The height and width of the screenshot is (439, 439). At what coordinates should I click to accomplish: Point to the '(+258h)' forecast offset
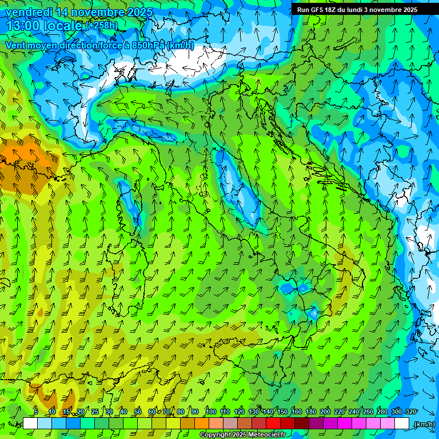[102, 26]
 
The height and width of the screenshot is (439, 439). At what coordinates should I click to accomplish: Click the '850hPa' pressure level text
[144, 45]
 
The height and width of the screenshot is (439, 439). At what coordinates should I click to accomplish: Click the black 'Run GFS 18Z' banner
[357, 10]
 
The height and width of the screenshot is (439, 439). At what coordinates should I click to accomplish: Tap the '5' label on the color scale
[36, 412]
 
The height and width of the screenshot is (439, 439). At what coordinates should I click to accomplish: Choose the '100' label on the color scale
[210, 412]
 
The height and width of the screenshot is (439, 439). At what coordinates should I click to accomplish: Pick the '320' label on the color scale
[411, 412]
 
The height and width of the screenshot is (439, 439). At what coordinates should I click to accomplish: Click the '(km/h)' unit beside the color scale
[425, 424]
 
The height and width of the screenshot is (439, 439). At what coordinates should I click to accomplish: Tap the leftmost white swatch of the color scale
[30, 424]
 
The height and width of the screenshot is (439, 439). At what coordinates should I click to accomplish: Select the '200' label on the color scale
[325, 412]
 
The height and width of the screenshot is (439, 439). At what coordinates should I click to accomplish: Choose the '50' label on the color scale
[138, 412]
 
